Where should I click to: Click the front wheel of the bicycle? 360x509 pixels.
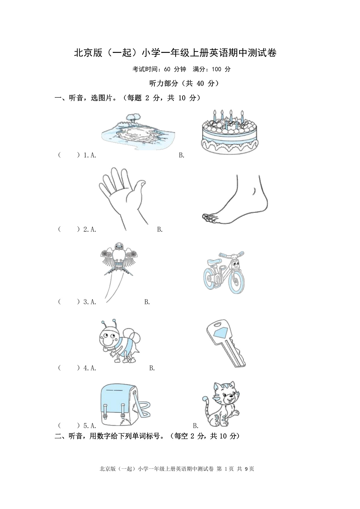(x=236, y=280)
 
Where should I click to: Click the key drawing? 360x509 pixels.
(x=227, y=343)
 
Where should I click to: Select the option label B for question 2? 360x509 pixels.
(x=160, y=229)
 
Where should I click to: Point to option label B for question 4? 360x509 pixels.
(x=152, y=368)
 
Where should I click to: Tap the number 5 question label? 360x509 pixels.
(x=86, y=426)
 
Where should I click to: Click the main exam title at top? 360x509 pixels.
(x=176, y=53)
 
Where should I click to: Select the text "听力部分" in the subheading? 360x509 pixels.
(x=163, y=84)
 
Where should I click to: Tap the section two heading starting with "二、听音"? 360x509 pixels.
(x=147, y=436)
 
